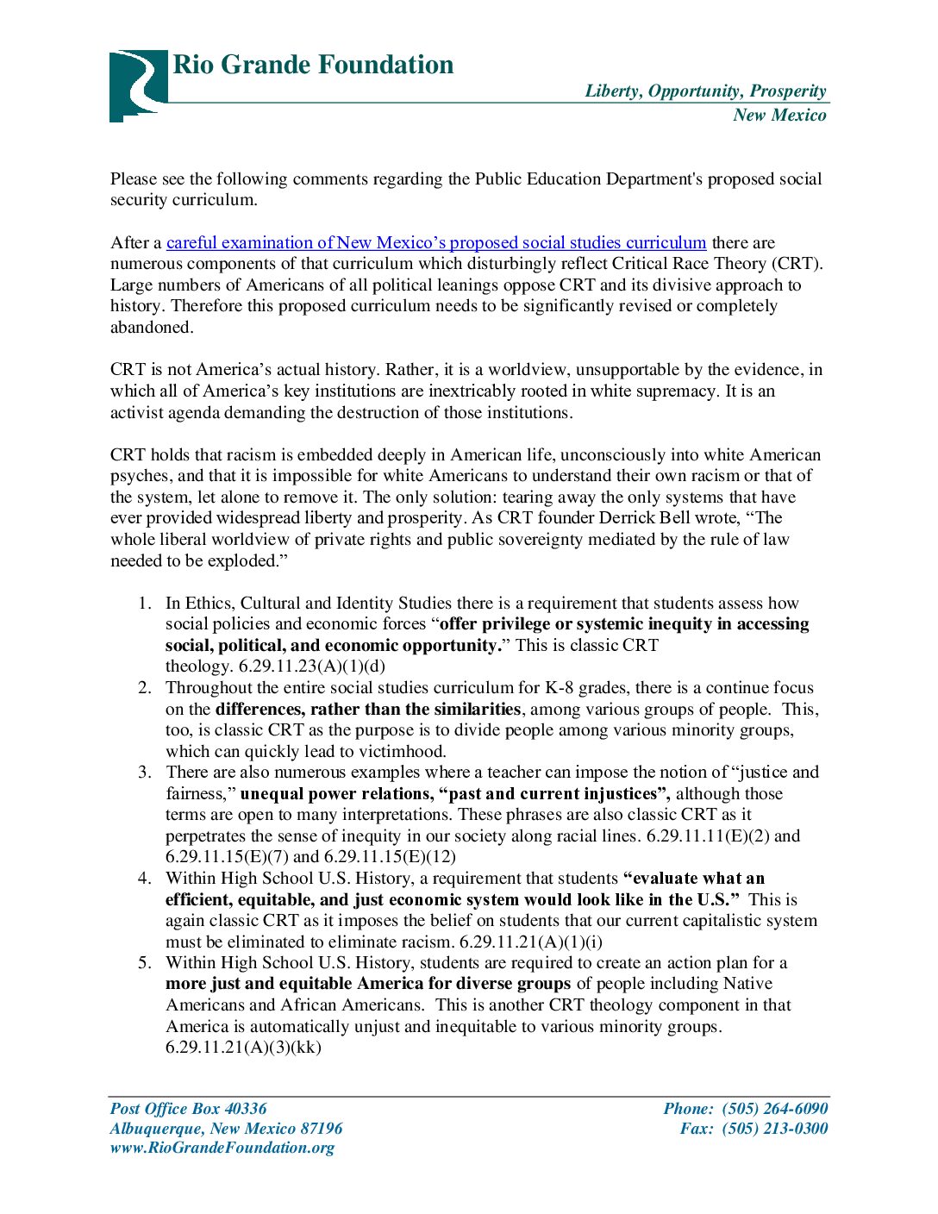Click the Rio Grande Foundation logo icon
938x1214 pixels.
point(137,84)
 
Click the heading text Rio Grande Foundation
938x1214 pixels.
point(313,65)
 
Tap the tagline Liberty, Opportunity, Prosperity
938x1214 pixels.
point(705,91)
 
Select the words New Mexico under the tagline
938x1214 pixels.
point(779,116)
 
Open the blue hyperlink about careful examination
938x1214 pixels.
point(436,243)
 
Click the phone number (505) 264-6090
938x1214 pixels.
point(774,1109)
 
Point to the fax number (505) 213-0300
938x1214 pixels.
point(774,1129)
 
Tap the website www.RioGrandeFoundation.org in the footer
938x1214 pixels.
point(222,1148)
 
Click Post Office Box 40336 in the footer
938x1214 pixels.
point(189,1109)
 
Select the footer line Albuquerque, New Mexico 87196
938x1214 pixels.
point(226,1129)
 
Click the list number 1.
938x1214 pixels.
point(144,604)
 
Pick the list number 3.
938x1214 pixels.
point(144,773)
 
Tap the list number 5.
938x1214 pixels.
point(144,963)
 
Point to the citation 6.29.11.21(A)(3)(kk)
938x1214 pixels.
point(243,1048)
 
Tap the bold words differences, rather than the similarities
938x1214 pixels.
point(368,710)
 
